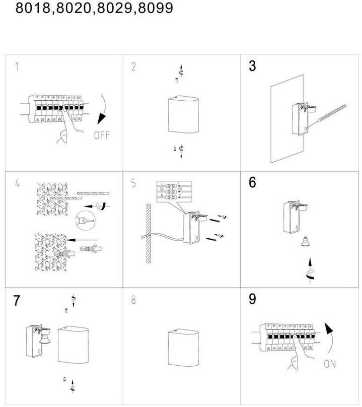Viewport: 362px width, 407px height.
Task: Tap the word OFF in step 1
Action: click(101, 135)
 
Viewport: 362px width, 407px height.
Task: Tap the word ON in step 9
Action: click(330, 364)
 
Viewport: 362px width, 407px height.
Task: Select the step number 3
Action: click(253, 66)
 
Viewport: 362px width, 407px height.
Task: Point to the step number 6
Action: click(253, 182)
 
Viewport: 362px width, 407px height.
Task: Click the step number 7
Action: click(17, 301)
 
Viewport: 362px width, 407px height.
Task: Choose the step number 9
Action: click(253, 299)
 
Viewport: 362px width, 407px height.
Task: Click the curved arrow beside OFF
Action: click(105, 108)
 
